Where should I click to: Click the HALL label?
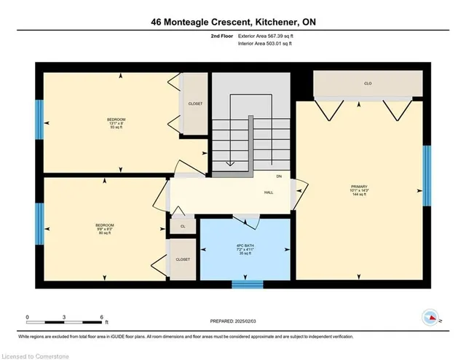point(268,193)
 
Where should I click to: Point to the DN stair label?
point(279,176)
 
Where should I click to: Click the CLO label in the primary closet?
point(368,84)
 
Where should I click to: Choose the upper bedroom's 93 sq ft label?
point(116,128)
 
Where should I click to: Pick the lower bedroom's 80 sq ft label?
point(103,233)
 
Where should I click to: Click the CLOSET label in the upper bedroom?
point(195,103)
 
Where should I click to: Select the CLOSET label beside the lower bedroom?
point(182,259)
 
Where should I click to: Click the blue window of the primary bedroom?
point(427,176)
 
